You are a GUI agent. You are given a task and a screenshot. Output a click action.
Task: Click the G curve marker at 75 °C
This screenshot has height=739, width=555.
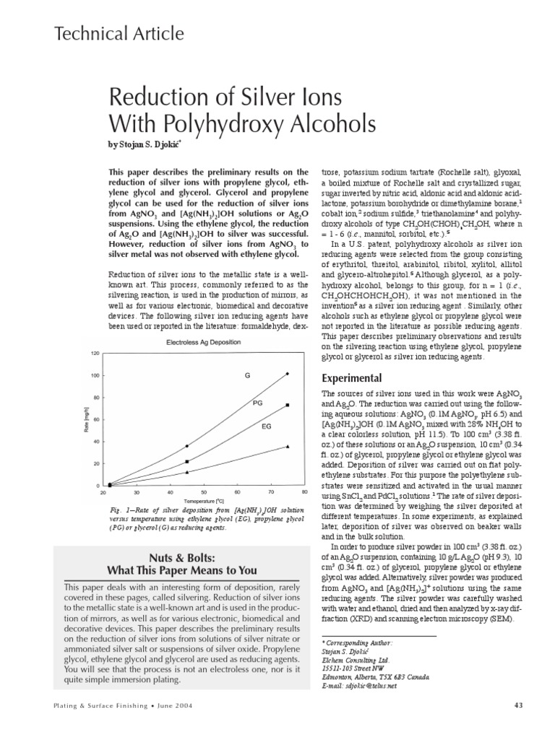(x=288, y=374)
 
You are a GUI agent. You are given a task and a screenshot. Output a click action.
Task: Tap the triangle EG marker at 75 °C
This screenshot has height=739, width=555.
(x=288, y=447)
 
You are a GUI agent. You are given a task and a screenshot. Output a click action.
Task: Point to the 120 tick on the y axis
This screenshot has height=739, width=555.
(x=95, y=353)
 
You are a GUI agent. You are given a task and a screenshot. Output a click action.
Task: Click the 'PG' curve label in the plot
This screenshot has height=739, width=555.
(x=257, y=403)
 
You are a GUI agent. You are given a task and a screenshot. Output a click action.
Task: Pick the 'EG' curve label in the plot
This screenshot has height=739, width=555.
(x=266, y=427)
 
